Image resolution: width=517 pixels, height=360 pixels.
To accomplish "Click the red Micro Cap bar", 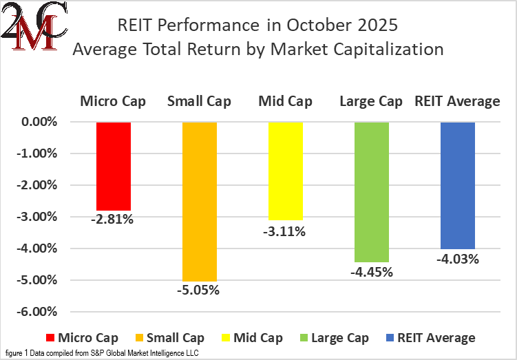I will (x=114, y=166).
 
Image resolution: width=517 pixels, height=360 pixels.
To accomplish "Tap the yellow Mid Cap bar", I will (x=285, y=171).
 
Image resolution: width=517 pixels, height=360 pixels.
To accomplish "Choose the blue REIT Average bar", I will (x=458, y=185).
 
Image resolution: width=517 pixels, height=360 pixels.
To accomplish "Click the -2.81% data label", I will (x=114, y=220).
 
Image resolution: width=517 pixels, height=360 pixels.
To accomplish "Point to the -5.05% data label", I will (x=200, y=290).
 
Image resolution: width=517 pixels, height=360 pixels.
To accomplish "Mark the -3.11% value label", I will (x=285, y=231).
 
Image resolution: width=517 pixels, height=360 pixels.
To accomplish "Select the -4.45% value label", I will (x=372, y=272).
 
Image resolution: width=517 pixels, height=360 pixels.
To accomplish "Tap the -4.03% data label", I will (x=458, y=259).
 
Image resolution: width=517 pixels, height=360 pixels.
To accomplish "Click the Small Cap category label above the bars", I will (x=200, y=102).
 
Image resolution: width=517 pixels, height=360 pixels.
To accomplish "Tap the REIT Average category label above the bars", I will (x=457, y=102).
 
